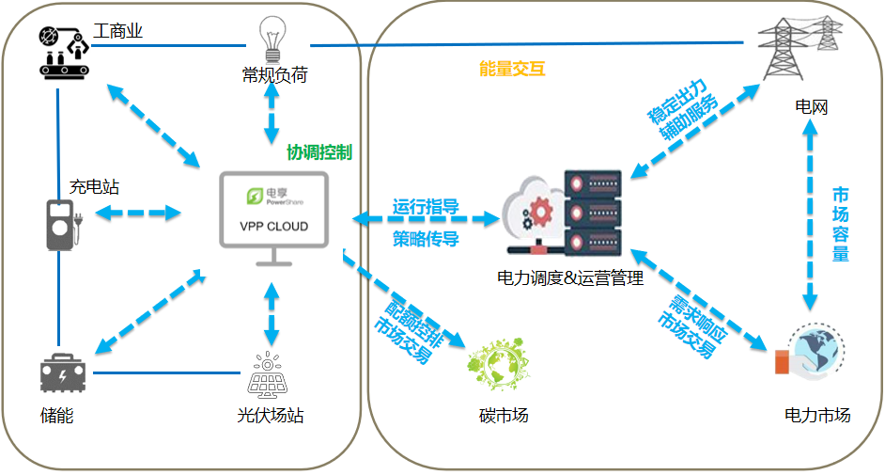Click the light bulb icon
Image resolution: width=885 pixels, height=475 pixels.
pyautogui.click(x=272, y=39)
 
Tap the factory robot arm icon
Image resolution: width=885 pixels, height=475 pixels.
pyautogui.click(x=64, y=52)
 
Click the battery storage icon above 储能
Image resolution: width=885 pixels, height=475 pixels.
pyautogui.click(x=63, y=373)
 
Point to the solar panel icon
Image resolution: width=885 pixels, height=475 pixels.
pyautogui.click(x=268, y=375)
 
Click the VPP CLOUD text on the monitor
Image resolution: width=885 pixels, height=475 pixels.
pyautogui.click(x=273, y=227)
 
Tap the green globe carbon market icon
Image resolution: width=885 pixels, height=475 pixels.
pyautogui.click(x=498, y=364)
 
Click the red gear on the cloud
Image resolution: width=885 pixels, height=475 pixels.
pyautogui.click(x=540, y=212)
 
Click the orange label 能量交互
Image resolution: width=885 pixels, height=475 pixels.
pyautogui.click(x=512, y=69)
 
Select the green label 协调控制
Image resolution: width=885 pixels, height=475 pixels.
pyautogui.click(x=319, y=152)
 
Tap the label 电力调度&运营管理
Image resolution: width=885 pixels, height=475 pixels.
pyautogui.click(x=570, y=277)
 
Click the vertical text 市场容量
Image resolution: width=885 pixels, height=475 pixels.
pyautogui.click(x=841, y=224)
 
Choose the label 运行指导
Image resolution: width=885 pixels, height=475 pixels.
pyautogui.click(x=426, y=207)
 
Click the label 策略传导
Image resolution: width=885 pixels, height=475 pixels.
pyautogui.click(x=426, y=239)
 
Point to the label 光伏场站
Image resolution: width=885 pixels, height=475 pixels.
pyautogui.click(x=271, y=416)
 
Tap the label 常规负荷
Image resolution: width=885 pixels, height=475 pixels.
pyautogui.click(x=275, y=74)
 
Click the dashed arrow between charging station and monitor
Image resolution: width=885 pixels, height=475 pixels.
pyautogui.click(x=138, y=213)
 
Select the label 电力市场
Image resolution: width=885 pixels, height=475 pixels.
pyautogui.click(x=817, y=415)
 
